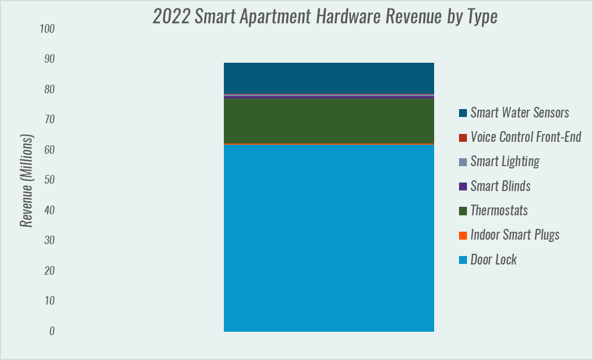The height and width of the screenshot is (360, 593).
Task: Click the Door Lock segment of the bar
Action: click(x=328, y=237)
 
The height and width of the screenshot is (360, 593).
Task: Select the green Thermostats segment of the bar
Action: click(x=328, y=120)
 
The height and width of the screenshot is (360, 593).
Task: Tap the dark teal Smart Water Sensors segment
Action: click(x=328, y=78)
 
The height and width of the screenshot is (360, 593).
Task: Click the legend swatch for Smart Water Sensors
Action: click(x=463, y=113)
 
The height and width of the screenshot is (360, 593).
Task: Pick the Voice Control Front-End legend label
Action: click(x=526, y=137)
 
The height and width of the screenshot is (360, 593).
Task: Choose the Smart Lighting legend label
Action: click(x=505, y=162)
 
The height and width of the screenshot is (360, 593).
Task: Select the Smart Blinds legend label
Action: click(x=500, y=186)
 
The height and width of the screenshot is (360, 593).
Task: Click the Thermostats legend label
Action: click(x=499, y=211)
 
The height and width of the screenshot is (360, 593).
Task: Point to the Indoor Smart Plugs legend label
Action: click(x=514, y=235)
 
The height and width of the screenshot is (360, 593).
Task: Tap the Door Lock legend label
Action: click(x=494, y=260)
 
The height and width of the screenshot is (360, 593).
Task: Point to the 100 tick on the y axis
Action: click(x=47, y=29)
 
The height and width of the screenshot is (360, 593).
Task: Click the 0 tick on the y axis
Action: click(x=51, y=331)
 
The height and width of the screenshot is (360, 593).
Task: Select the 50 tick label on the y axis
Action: click(x=49, y=180)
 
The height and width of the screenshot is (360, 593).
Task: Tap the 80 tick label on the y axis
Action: click(x=49, y=89)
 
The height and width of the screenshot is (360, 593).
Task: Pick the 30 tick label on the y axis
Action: click(x=49, y=241)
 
